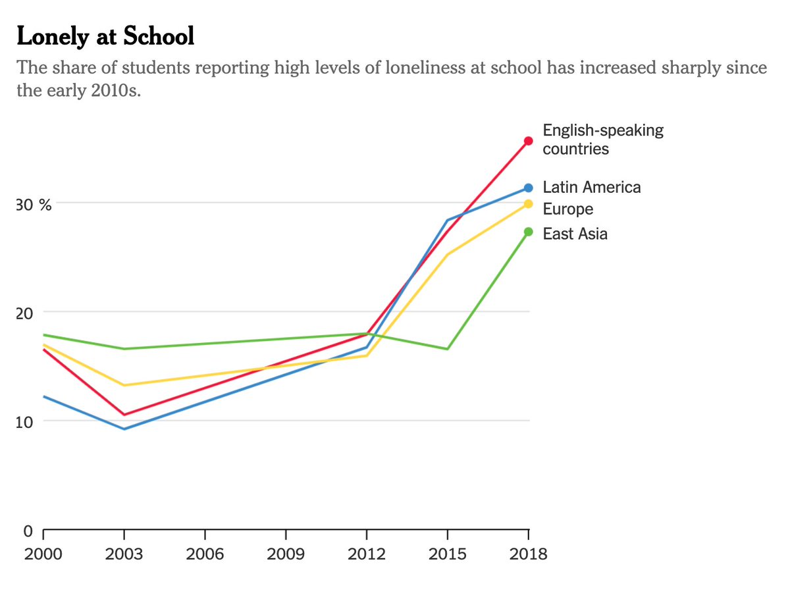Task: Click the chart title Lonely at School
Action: tap(105, 37)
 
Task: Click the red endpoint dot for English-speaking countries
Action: tap(528, 141)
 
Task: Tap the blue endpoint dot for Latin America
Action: tap(528, 188)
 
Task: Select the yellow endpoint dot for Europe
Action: tap(528, 204)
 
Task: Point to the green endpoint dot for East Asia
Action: tap(528, 231)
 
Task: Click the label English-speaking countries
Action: tap(602, 140)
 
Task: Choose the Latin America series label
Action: tap(591, 188)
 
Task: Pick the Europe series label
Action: tap(567, 209)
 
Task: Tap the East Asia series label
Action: tap(575, 234)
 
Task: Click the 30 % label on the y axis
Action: tap(34, 205)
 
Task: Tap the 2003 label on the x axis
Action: tap(124, 554)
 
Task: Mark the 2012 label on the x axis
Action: tap(367, 554)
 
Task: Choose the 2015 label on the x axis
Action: tap(448, 554)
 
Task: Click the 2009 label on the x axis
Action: tap(286, 554)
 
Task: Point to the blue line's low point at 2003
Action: tap(124, 429)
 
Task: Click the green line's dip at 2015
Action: tap(448, 349)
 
